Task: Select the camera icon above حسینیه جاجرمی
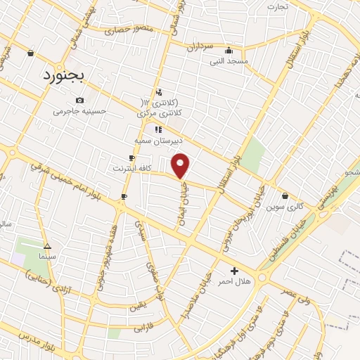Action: pos(79,100)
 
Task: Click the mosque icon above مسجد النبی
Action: pos(229,51)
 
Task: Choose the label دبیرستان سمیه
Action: pos(158,140)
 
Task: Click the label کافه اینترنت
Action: pos(131,168)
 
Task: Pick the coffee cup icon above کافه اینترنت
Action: pos(131,157)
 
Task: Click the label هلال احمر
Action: pos(234,281)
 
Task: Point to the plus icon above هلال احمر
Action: pos(234,271)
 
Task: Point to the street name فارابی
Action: pos(143,327)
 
